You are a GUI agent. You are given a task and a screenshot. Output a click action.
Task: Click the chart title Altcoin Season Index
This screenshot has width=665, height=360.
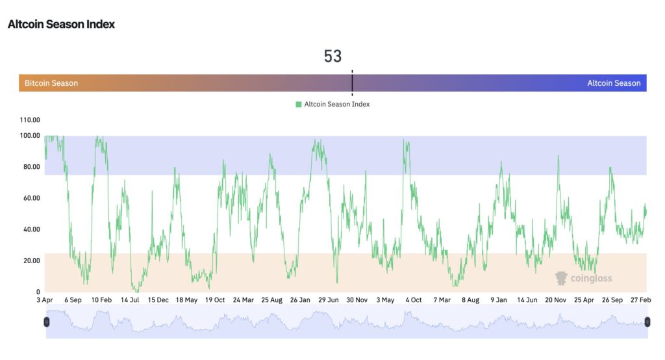[61, 24]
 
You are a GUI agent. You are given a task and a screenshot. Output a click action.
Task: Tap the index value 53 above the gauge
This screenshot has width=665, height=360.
[332, 57]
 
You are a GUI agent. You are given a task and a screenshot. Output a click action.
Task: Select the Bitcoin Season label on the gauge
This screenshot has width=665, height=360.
[51, 83]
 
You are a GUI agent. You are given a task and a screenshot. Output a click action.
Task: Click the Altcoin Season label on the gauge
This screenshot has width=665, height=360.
[614, 83]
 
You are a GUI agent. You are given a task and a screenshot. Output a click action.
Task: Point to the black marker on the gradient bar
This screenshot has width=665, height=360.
[352, 83]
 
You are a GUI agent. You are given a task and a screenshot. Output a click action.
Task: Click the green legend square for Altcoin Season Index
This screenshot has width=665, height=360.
[299, 104]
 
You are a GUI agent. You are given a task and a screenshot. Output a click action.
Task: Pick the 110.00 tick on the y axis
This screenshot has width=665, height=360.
[31, 120]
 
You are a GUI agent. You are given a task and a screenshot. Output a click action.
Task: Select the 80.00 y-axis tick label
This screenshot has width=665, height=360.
[31, 167]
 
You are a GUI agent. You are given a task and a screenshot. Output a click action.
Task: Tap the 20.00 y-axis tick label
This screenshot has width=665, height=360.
[31, 261]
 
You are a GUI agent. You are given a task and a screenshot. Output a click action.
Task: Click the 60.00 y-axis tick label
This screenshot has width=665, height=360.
[31, 198]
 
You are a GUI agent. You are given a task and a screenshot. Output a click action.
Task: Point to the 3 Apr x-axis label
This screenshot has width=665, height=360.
[44, 300]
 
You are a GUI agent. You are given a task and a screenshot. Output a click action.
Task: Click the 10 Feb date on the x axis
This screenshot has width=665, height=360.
[101, 300]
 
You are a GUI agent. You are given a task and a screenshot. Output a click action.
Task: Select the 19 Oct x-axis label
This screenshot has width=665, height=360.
[215, 300]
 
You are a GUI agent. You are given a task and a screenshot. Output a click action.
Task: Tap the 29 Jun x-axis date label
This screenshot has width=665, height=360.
[329, 300]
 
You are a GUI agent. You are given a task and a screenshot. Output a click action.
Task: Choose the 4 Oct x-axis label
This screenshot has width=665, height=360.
[413, 300]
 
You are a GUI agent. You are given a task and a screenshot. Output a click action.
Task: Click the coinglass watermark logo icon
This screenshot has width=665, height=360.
[562, 278]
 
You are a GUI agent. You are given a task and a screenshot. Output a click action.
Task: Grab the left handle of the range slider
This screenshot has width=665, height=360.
[46, 322]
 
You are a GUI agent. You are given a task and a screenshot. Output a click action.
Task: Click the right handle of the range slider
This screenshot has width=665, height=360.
[647, 322]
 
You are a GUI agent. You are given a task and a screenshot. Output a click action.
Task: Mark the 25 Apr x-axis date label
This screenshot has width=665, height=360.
[584, 300]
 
